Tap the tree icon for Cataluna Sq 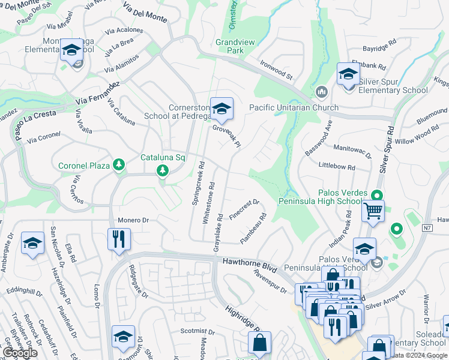click(x=162, y=171)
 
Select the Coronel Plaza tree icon click(x=119, y=165)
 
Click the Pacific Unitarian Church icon click(x=321, y=92)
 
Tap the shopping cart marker click(x=373, y=212)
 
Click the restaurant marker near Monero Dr click(x=119, y=239)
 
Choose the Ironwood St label click(x=276, y=69)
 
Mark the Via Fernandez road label click(x=99, y=92)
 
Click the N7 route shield click(x=427, y=228)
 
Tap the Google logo click(x=19, y=353)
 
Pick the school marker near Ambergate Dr click(x=32, y=244)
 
